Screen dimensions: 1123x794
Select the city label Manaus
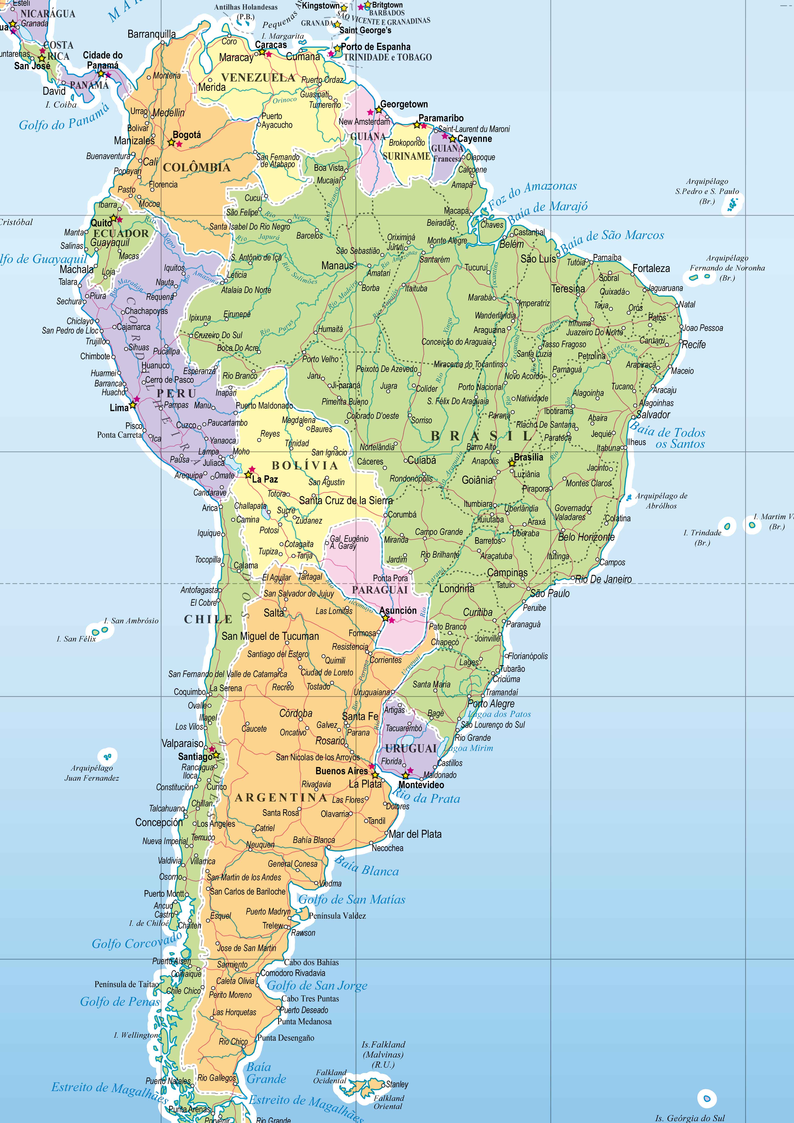click(x=337, y=266)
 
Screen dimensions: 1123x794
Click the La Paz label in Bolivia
click(x=265, y=479)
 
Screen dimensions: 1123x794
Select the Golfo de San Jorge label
click(x=317, y=986)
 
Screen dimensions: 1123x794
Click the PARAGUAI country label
click(x=380, y=590)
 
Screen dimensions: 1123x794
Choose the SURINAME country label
click(x=406, y=156)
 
